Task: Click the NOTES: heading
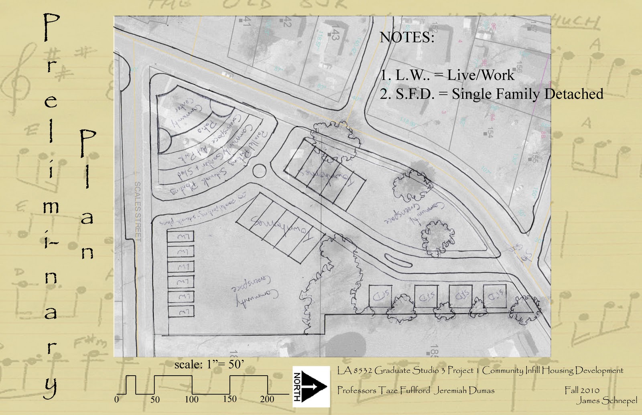[x=407, y=37]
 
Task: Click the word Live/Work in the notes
[x=481, y=75]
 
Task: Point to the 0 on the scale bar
[x=117, y=399]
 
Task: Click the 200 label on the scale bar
[x=267, y=399]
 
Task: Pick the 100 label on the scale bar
[x=191, y=399]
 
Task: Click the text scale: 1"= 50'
[x=209, y=364]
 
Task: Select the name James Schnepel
[x=607, y=400]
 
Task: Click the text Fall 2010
[x=582, y=390]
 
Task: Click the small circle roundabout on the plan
[x=259, y=171]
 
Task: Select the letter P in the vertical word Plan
[x=87, y=143]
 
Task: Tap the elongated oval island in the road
[x=398, y=261]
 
